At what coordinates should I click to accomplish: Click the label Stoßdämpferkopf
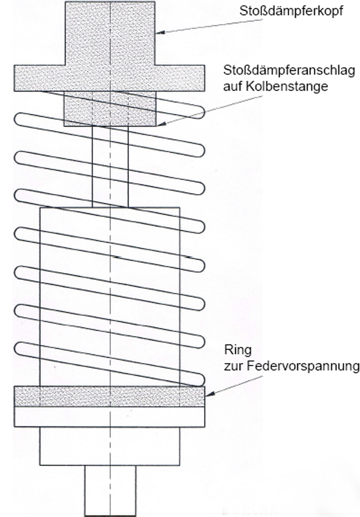(291, 11)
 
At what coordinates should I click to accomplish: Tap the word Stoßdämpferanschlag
(289, 70)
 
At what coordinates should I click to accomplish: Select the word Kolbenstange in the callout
(287, 86)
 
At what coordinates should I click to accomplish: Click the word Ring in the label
(238, 350)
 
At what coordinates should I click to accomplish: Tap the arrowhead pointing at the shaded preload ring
(210, 393)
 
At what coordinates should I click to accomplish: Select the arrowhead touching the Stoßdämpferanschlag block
(161, 124)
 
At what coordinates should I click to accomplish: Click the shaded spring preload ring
(109, 396)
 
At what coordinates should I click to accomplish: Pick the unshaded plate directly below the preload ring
(109, 417)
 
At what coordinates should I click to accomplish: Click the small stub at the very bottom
(110, 491)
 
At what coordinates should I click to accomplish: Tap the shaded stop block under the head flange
(110, 109)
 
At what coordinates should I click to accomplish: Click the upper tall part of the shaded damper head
(110, 33)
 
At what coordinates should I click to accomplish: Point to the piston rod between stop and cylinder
(110, 167)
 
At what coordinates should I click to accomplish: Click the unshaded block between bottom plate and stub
(110, 446)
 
